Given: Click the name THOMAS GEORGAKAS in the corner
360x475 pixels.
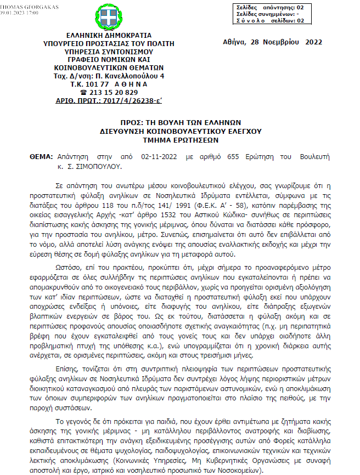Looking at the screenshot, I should tap(27, 3).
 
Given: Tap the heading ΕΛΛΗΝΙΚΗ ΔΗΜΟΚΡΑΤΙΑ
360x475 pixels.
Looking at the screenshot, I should tap(104, 34).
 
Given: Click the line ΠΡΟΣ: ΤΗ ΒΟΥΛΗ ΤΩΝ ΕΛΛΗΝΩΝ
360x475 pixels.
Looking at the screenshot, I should tap(181, 122).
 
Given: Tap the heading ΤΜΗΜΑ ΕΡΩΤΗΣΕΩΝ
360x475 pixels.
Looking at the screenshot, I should tap(181, 140).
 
